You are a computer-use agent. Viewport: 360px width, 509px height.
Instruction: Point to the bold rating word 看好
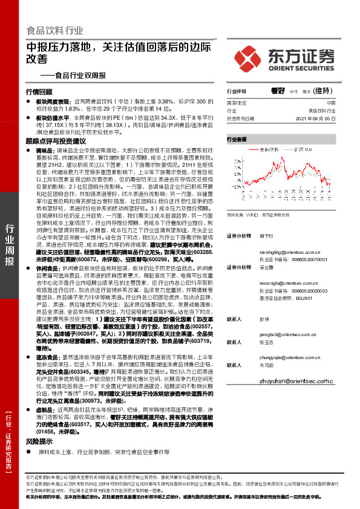point(278,89)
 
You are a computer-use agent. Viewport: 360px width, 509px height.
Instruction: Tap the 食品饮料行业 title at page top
point(55,30)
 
